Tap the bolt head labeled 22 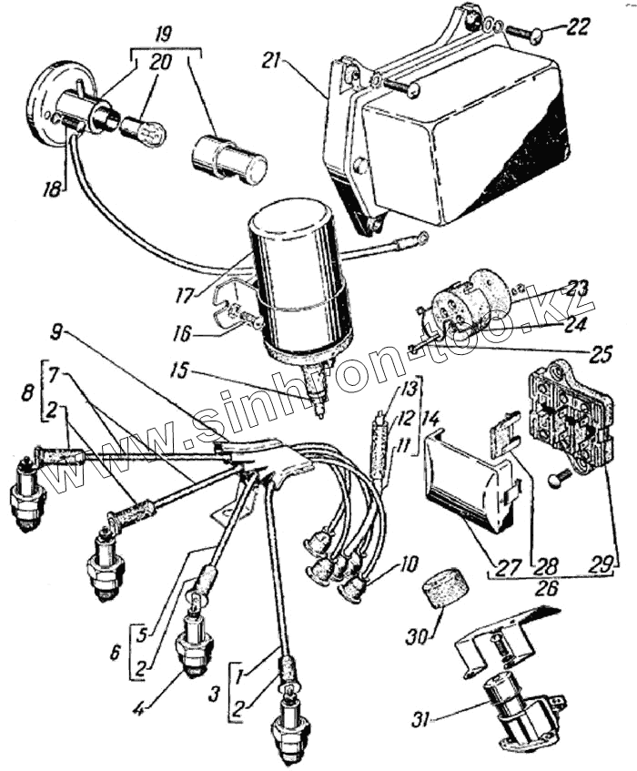pos(535,35)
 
